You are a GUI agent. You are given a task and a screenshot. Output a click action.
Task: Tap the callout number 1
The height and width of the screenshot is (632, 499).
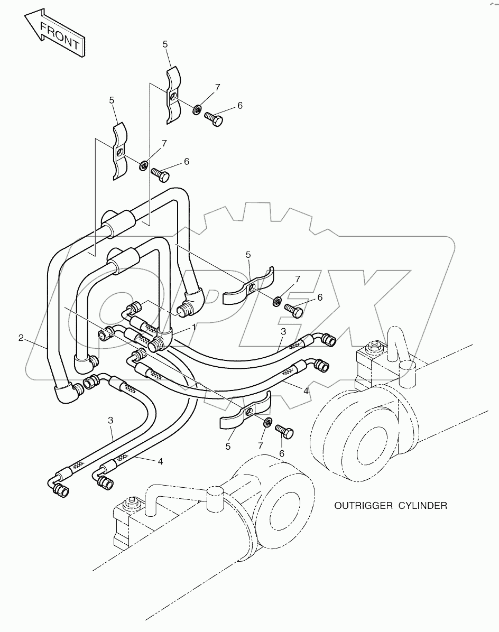click(x=193, y=328)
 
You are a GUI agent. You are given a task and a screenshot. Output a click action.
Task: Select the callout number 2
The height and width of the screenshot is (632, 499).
click(x=21, y=338)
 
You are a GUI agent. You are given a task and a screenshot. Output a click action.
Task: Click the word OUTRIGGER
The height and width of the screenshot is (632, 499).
click(x=363, y=506)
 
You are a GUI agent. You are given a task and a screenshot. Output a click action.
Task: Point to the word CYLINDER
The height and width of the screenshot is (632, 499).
click(x=423, y=506)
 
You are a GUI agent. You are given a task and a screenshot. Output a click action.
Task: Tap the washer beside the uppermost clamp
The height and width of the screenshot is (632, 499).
click(x=196, y=109)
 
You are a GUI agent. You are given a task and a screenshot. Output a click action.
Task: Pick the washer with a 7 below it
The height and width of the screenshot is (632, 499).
click(x=267, y=422)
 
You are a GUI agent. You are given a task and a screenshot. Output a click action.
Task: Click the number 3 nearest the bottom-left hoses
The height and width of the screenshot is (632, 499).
click(x=110, y=421)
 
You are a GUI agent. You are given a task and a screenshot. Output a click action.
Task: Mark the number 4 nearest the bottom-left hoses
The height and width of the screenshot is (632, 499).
click(x=160, y=461)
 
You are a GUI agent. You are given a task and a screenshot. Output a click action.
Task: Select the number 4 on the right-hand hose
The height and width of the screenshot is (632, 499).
click(x=305, y=392)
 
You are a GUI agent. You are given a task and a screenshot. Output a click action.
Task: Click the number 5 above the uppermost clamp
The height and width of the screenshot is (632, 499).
click(x=165, y=45)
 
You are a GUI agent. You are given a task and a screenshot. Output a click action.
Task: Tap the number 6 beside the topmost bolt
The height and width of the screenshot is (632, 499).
click(x=239, y=106)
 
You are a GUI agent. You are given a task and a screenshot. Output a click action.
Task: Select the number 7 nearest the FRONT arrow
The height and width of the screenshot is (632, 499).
click(x=164, y=143)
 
